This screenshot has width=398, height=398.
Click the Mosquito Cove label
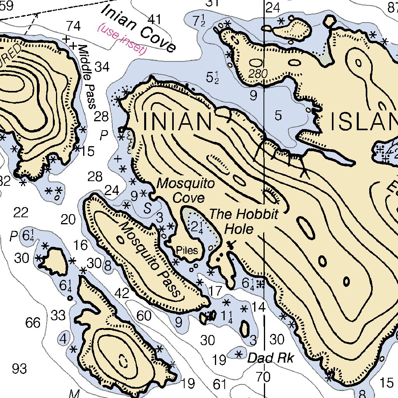click(185, 190)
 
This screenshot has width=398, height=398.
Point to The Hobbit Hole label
click(244, 222)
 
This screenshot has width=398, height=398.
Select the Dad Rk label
click(271, 358)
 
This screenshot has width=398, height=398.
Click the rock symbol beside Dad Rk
click(239, 354)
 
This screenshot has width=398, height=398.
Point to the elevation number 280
click(259, 74)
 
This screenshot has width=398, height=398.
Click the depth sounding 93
click(19, 368)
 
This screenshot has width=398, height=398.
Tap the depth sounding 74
click(73, 26)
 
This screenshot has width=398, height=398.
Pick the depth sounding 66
click(33, 322)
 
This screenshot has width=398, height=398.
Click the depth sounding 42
click(122, 293)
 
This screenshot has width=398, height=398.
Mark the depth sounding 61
click(220, 384)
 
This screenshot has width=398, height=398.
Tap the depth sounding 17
click(215, 290)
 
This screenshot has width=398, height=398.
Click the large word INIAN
click(177, 122)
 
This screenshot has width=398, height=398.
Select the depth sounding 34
click(102, 67)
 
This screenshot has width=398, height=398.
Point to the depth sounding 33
click(58, 316)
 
